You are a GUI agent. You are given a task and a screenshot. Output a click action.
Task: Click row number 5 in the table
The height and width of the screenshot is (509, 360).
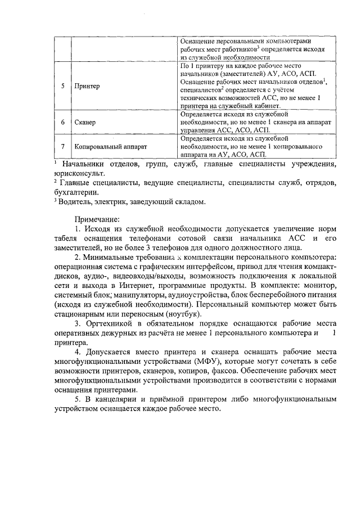coord(62,87)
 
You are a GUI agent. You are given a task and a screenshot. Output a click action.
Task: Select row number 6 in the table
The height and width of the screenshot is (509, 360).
coord(62,122)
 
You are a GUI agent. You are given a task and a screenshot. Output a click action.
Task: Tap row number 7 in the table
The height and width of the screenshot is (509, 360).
coord(62,147)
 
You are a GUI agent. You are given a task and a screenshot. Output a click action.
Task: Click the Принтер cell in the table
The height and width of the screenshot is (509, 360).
coord(87,87)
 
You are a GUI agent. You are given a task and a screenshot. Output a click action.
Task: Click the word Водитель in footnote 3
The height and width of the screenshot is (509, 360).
coord(70,202)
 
